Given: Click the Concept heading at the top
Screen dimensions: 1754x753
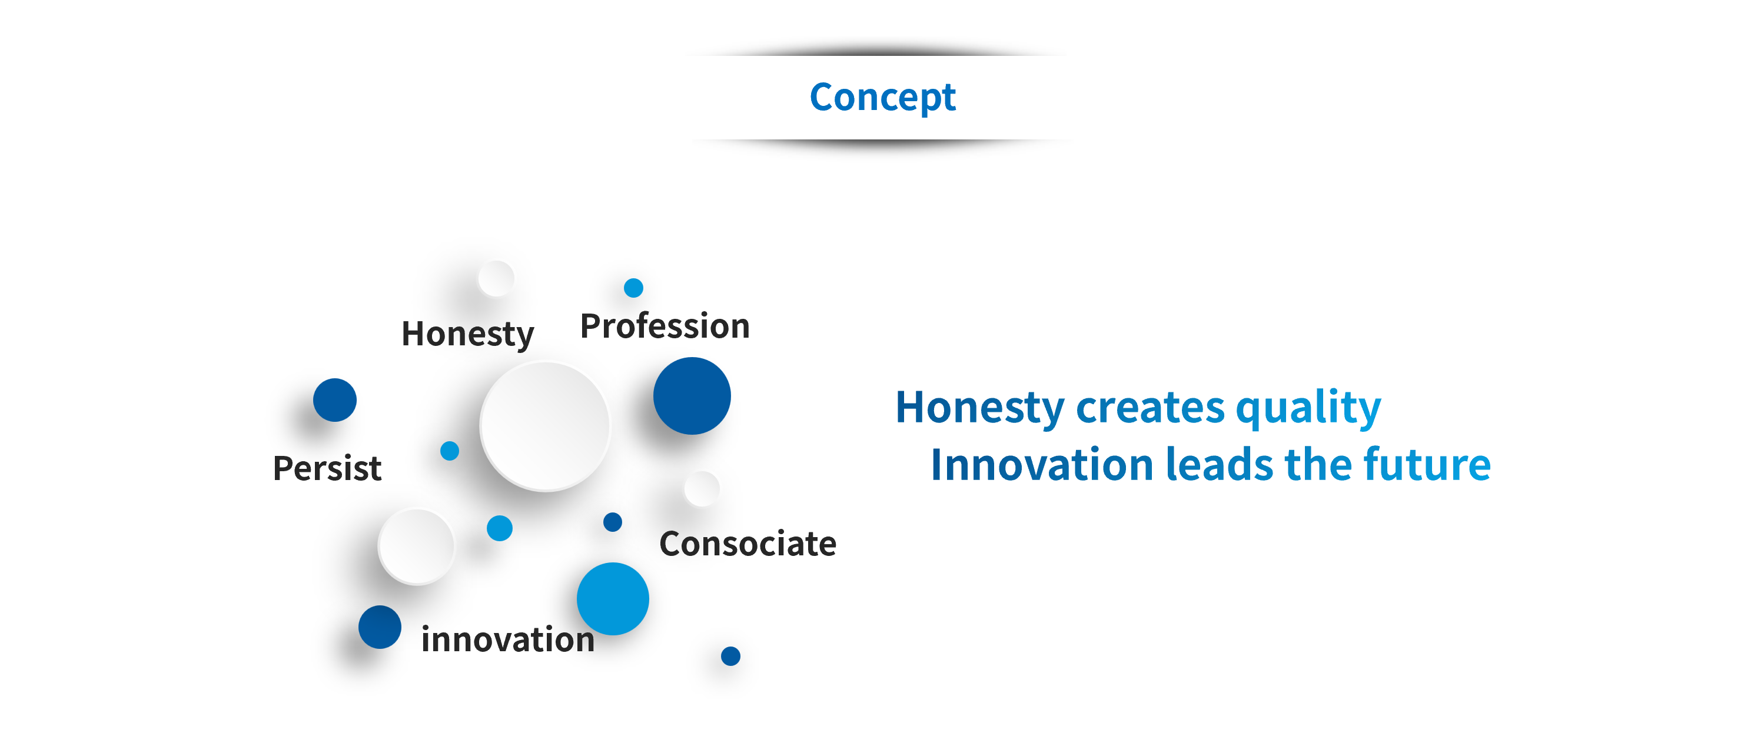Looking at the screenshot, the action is coord(882,97).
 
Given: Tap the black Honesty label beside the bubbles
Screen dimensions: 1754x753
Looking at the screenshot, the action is coord(468,334).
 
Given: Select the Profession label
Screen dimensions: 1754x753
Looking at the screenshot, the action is coord(665,325).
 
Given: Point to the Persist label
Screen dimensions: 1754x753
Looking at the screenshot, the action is coord(327,468).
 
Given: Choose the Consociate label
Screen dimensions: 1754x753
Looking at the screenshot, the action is coord(748,544).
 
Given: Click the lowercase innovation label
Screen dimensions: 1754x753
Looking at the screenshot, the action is coord(508,639).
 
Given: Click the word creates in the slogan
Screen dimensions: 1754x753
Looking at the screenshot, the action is coord(1150,408).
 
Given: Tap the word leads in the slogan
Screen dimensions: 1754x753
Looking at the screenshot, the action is coord(1219,464).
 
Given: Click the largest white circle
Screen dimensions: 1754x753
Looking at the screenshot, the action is coord(544,426).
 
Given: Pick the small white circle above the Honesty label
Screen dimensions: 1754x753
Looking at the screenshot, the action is coord(496,278).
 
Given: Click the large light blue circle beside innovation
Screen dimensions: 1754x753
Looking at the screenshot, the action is coord(613,599).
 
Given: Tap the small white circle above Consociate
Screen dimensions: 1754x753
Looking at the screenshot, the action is coord(702,488).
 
